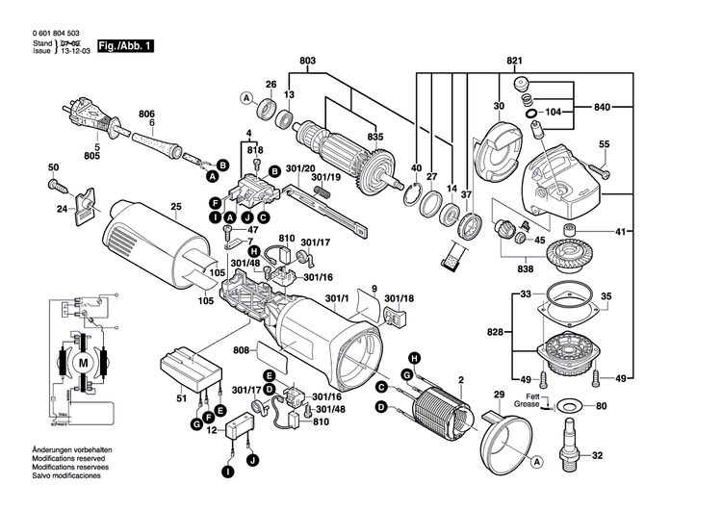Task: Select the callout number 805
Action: click(x=91, y=156)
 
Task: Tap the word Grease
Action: click(x=527, y=404)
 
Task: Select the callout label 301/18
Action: click(x=398, y=299)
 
